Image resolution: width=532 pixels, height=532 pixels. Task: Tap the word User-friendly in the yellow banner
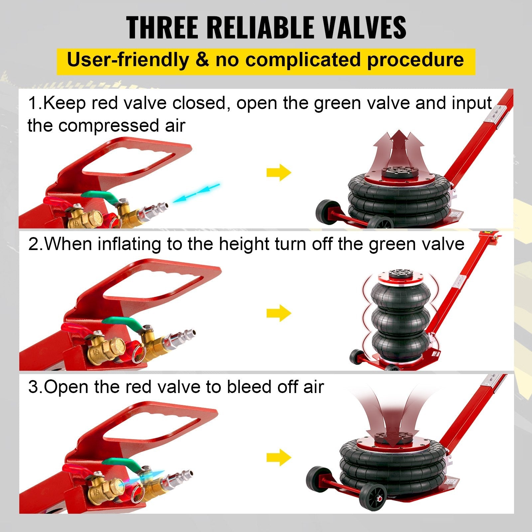128,60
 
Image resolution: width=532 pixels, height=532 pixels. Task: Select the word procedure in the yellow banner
415,60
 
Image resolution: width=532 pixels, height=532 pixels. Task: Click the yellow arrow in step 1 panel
279,172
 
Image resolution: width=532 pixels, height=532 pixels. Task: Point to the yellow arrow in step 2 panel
279,313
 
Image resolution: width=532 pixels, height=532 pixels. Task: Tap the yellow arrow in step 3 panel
279,457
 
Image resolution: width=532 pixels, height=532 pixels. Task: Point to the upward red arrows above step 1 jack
399,146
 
